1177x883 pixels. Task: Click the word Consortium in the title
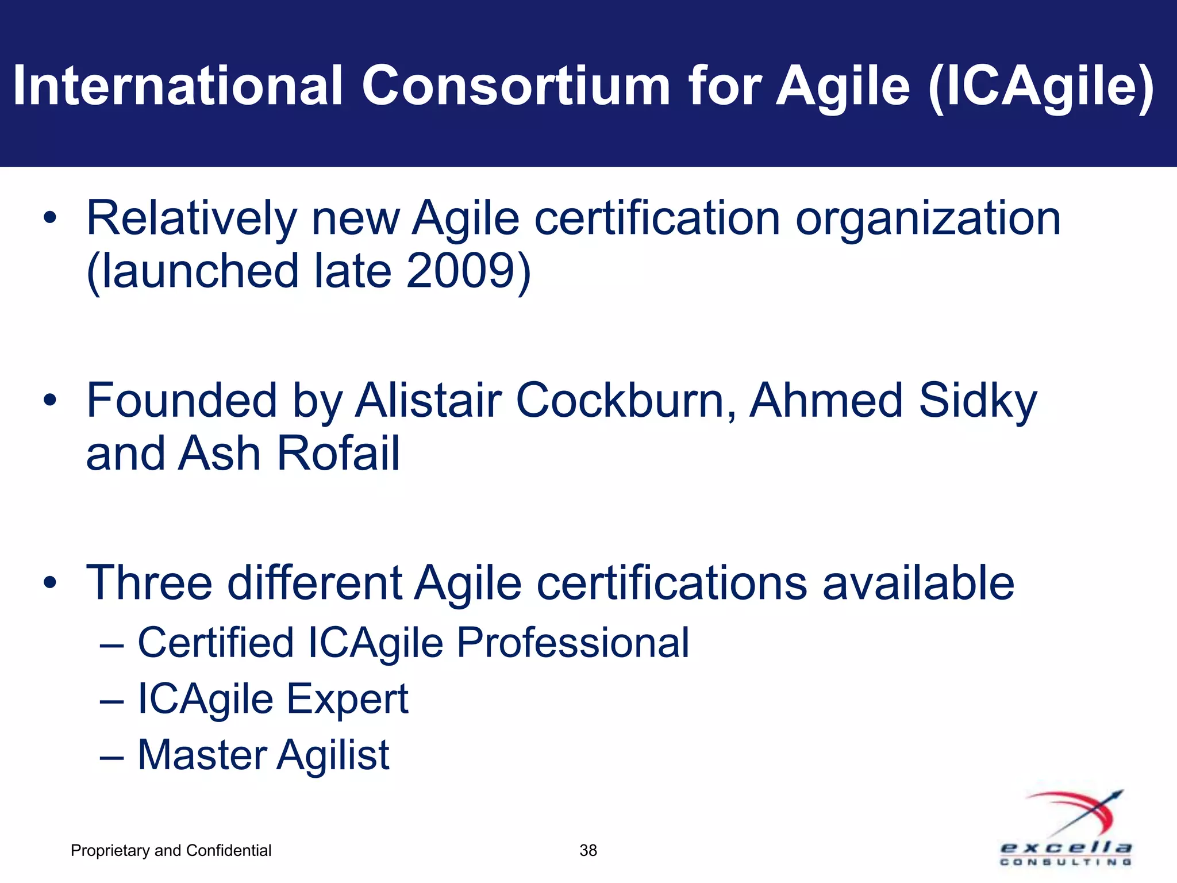(516, 86)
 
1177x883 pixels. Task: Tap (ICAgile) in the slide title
(1041, 87)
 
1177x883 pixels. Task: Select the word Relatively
(191, 218)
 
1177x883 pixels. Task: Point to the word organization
(928, 220)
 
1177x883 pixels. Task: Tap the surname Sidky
(978, 401)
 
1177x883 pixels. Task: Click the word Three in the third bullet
(149, 583)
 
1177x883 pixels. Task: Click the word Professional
(572, 643)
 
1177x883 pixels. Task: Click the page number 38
(588, 850)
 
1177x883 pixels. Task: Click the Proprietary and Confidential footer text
(171, 850)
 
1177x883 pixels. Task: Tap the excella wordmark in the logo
(1066, 848)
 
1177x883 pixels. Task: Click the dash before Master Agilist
(111, 757)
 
